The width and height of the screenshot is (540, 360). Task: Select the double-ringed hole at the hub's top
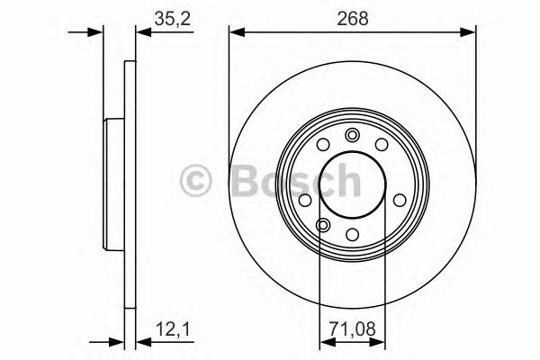pyautogui.click(x=352, y=136)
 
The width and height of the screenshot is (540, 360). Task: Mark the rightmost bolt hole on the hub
pyautogui.click(x=397, y=200)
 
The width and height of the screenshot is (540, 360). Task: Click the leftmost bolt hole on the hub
pyautogui.click(x=307, y=200)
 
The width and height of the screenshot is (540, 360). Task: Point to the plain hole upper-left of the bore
pyautogui.click(x=322, y=147)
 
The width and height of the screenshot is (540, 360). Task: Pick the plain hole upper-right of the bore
pyautogui.click(x=382, y=147)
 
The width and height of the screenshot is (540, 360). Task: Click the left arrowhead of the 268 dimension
pyautogui.click(x=236, y=32)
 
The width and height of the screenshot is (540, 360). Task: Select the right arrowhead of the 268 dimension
pyautogui.click(x=470, y=32)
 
